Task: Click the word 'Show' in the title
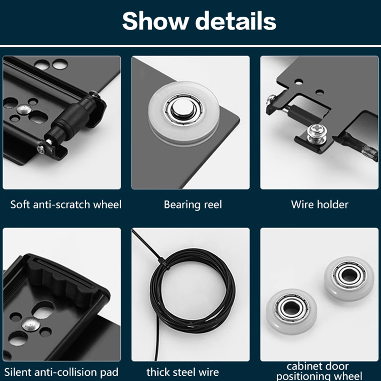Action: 156,20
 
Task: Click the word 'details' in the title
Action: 236,20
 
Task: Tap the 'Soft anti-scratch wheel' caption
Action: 66,205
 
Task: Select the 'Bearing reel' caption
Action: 193,205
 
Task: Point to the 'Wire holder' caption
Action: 320,205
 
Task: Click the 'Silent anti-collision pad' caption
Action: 61,372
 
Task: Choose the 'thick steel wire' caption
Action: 182,372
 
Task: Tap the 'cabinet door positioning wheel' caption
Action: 319,371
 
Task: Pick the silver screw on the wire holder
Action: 316,134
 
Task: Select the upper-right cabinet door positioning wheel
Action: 349,279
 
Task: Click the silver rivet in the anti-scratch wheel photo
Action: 24,110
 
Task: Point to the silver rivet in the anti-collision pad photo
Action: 30,325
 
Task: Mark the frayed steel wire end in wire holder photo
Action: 370,152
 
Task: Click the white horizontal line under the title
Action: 190,46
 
